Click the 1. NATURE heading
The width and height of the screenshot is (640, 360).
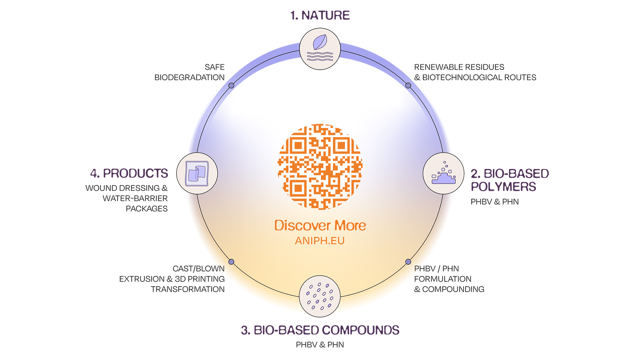tap(320, 15)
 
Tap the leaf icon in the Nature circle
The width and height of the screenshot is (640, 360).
tap(320, 43)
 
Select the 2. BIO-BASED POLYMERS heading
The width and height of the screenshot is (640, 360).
tap(509, 180)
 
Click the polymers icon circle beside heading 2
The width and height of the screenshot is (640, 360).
tap(443, 174)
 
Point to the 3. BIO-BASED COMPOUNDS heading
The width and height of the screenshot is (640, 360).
tap(320, 330)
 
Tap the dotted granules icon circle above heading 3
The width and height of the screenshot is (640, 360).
tap(320, 296)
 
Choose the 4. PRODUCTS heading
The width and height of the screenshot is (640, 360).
tap(129, 173)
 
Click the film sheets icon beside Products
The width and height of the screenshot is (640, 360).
tap(197, 174)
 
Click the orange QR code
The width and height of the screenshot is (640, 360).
tap(320, 167)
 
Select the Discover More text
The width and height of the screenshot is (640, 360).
tap(320, 226)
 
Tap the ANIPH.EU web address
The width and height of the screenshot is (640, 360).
tap(320, 241)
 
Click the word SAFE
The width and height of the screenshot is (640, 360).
tap(215, 67)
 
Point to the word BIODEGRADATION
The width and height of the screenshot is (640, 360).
tap(189, 77)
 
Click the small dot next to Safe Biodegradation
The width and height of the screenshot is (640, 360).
tap(231, 86)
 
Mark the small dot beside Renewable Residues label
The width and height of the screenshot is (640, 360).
tap(408, 86)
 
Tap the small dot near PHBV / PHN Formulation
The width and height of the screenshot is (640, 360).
tap(408, 262)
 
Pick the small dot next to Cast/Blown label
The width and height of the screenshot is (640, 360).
tap(231, 262)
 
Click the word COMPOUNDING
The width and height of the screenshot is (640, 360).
tap(453, 289)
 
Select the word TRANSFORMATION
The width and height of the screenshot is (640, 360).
tap(188, 289)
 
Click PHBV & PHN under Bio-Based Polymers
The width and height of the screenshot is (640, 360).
tap(495, 202)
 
